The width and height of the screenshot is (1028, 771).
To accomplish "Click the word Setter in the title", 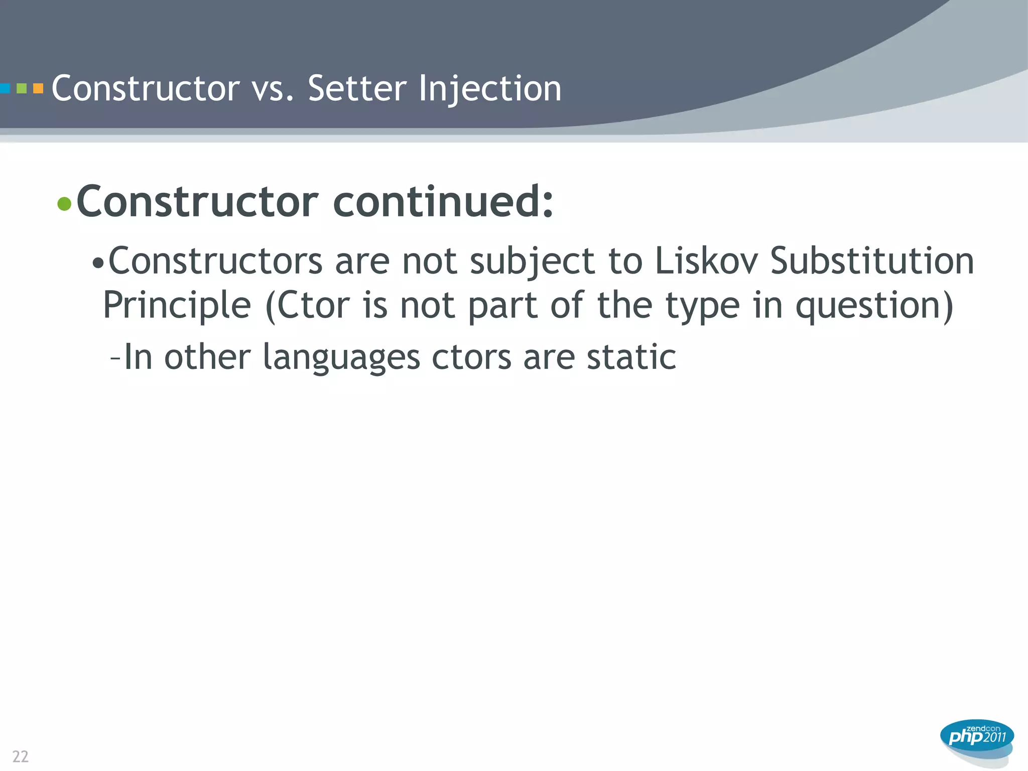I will (357, 88).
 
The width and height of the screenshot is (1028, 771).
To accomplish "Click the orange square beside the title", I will (38, 89).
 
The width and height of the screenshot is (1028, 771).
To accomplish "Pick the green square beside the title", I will (22, 89).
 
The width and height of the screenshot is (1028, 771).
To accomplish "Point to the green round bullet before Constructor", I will (64, 204).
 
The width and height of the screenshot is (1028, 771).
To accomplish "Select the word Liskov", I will (706, 261).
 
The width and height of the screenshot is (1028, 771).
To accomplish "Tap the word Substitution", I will (872, 261).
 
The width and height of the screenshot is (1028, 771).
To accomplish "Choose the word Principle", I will (177, 305).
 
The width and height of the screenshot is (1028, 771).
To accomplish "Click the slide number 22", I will (20, 756).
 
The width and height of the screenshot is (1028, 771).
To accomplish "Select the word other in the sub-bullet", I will (207, 357).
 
